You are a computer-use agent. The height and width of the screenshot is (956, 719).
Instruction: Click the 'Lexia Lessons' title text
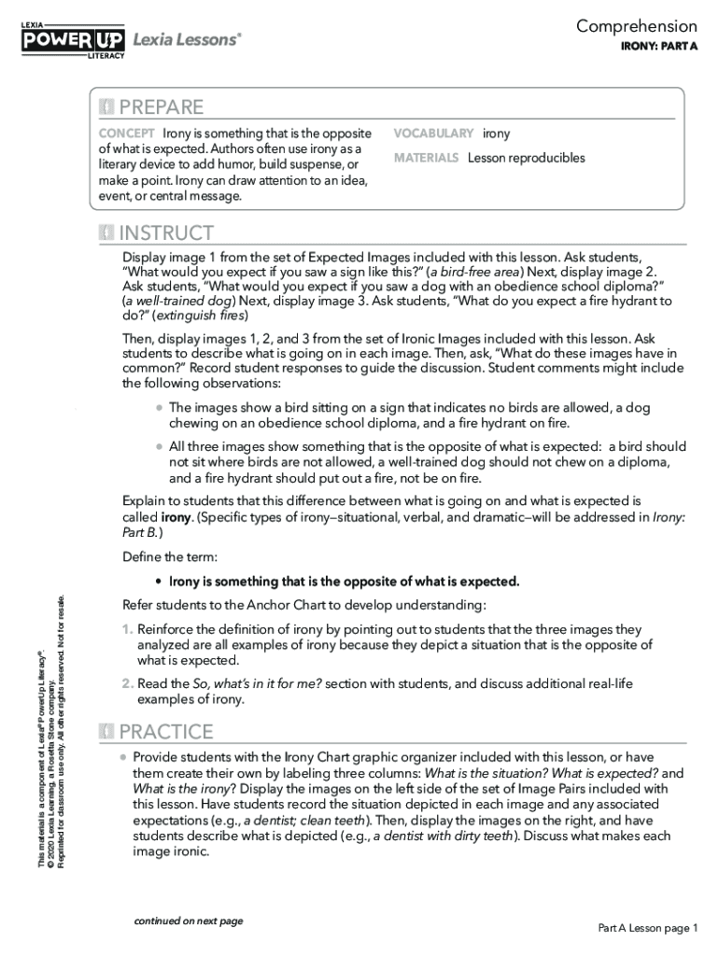(187, 38)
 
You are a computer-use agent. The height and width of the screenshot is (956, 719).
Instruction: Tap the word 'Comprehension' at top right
(636, 26)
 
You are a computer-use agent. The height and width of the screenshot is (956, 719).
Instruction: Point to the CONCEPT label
(127, 134)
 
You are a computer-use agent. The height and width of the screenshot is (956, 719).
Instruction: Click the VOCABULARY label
(433, 134)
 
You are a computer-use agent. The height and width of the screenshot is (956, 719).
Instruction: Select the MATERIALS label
(426, 158)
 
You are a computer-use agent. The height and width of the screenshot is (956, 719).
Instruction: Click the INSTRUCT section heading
(166, 232)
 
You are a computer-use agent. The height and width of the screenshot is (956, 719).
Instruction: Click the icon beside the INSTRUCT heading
(106, 232)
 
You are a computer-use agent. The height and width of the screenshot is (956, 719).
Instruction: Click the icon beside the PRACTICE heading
(106, 731)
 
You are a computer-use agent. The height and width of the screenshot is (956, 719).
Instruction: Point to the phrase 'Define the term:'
(170, 556)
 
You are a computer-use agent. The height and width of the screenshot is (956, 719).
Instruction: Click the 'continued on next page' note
(188, 921)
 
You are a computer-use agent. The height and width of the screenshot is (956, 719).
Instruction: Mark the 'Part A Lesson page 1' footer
(648, 928)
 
